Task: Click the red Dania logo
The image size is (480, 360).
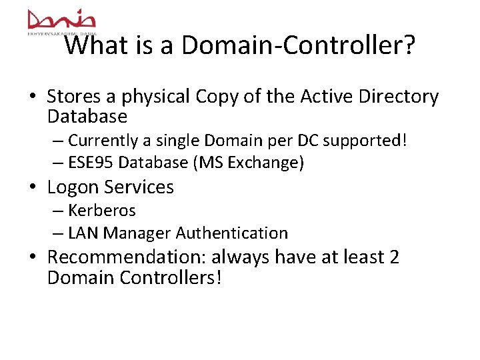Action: click(x=61, y=19)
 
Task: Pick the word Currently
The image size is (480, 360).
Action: click(x=101, y=141)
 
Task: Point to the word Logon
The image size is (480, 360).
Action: click(x=73, y=187)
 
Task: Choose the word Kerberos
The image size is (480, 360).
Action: click(x=102, y=211)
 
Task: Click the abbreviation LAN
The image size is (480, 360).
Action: click(x=83, y=233)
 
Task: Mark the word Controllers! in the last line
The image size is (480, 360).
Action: click(x=170, y=277)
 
